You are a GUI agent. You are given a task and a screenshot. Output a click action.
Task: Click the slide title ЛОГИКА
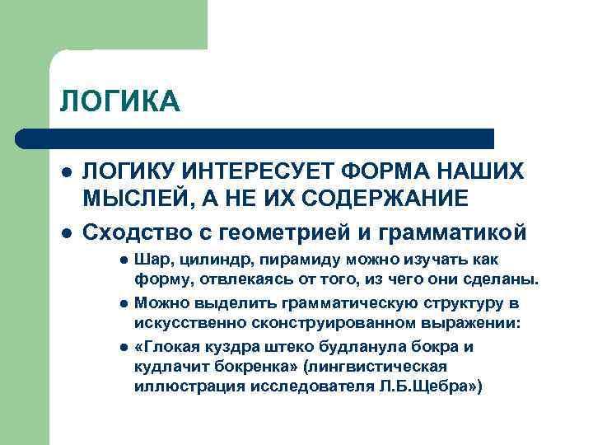[x=119, y=102]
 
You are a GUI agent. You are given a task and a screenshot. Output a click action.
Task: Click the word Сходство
[x=133, y=232]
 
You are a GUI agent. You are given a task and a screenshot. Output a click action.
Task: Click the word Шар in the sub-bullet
[x=149, y=261]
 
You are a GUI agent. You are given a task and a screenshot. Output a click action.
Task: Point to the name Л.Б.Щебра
[x=436, y=385]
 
